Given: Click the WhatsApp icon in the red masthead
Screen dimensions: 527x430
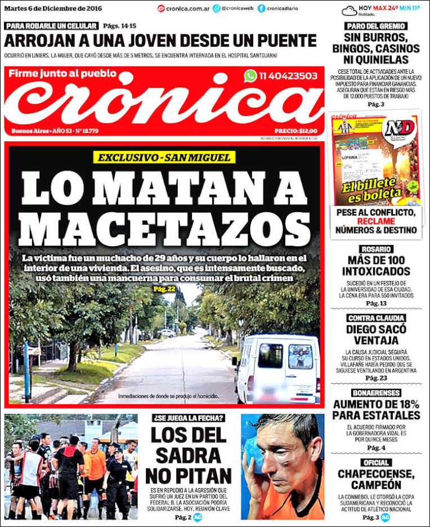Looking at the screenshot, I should coord(250,76).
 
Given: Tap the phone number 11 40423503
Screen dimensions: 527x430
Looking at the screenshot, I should coord(288,76).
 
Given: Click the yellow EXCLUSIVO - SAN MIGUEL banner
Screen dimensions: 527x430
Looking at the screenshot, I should coord(164,157).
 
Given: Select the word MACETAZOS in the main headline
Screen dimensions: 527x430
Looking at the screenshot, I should coord(164,228).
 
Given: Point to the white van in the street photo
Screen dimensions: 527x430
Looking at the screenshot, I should coord(277,368).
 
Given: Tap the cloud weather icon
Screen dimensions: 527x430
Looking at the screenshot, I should coord(349,11).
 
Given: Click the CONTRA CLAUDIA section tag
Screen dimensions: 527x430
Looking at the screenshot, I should coord(377,318).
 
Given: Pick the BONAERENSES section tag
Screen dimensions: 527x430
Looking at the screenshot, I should coord(377,392).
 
